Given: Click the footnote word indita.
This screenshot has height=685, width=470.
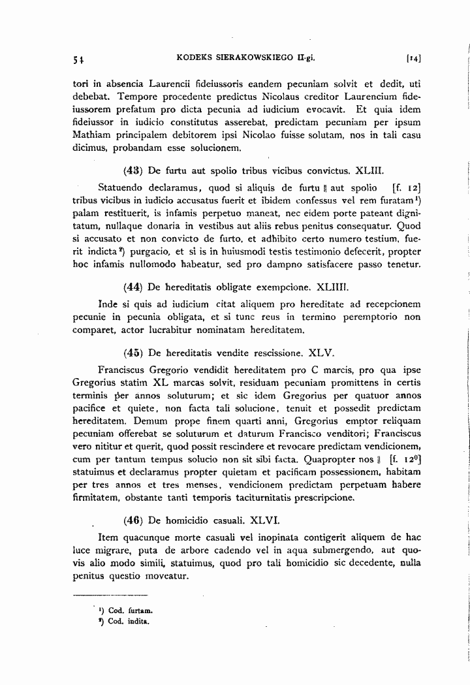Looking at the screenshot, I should tap(139, 621).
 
